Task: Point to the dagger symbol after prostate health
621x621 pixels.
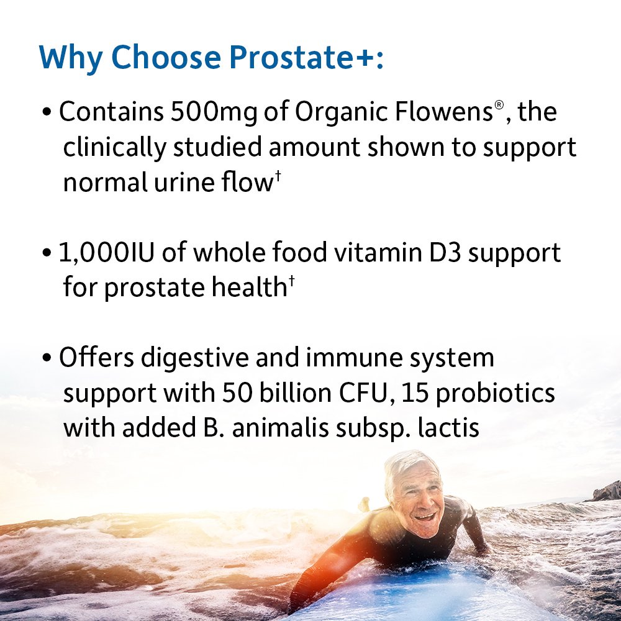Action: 290,283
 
